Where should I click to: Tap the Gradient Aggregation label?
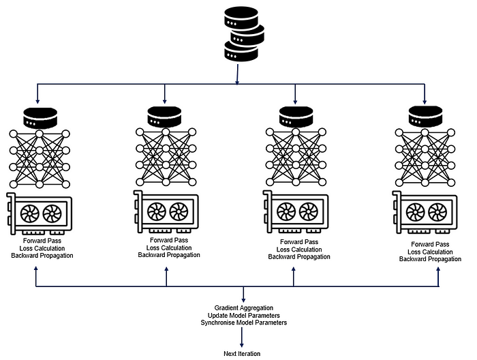[243, 308]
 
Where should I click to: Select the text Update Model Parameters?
[243, 315]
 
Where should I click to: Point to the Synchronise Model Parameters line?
[243, 322]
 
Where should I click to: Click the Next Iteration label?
[242, 353]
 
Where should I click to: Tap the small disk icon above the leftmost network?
[38, 117]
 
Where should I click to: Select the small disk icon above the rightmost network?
[424, 116]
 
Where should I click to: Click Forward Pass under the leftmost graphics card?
[42, 240]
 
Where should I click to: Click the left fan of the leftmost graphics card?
[30, 214]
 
